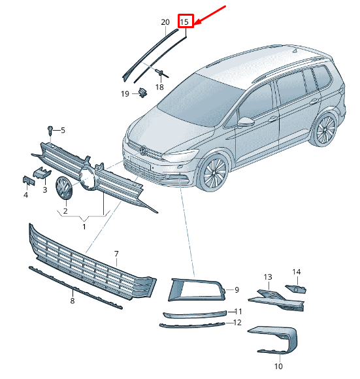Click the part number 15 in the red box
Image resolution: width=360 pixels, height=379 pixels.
[x=186, y=22]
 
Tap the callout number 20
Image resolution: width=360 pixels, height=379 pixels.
[x=165, y=22]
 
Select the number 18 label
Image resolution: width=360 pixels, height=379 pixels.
[x=159, y=87]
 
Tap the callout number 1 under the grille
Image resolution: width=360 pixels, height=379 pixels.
[x=84, y=226]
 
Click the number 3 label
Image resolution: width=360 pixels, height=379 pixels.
[x=45, y=189]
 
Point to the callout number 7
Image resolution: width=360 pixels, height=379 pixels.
[x=116, y=253]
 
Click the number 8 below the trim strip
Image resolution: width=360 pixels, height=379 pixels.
[x=73, y=301]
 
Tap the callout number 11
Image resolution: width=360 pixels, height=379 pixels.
[x=239, y=311]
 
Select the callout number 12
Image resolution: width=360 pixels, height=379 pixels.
[x=238, y=322]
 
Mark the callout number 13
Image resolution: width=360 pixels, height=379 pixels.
[x=267, y=277]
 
